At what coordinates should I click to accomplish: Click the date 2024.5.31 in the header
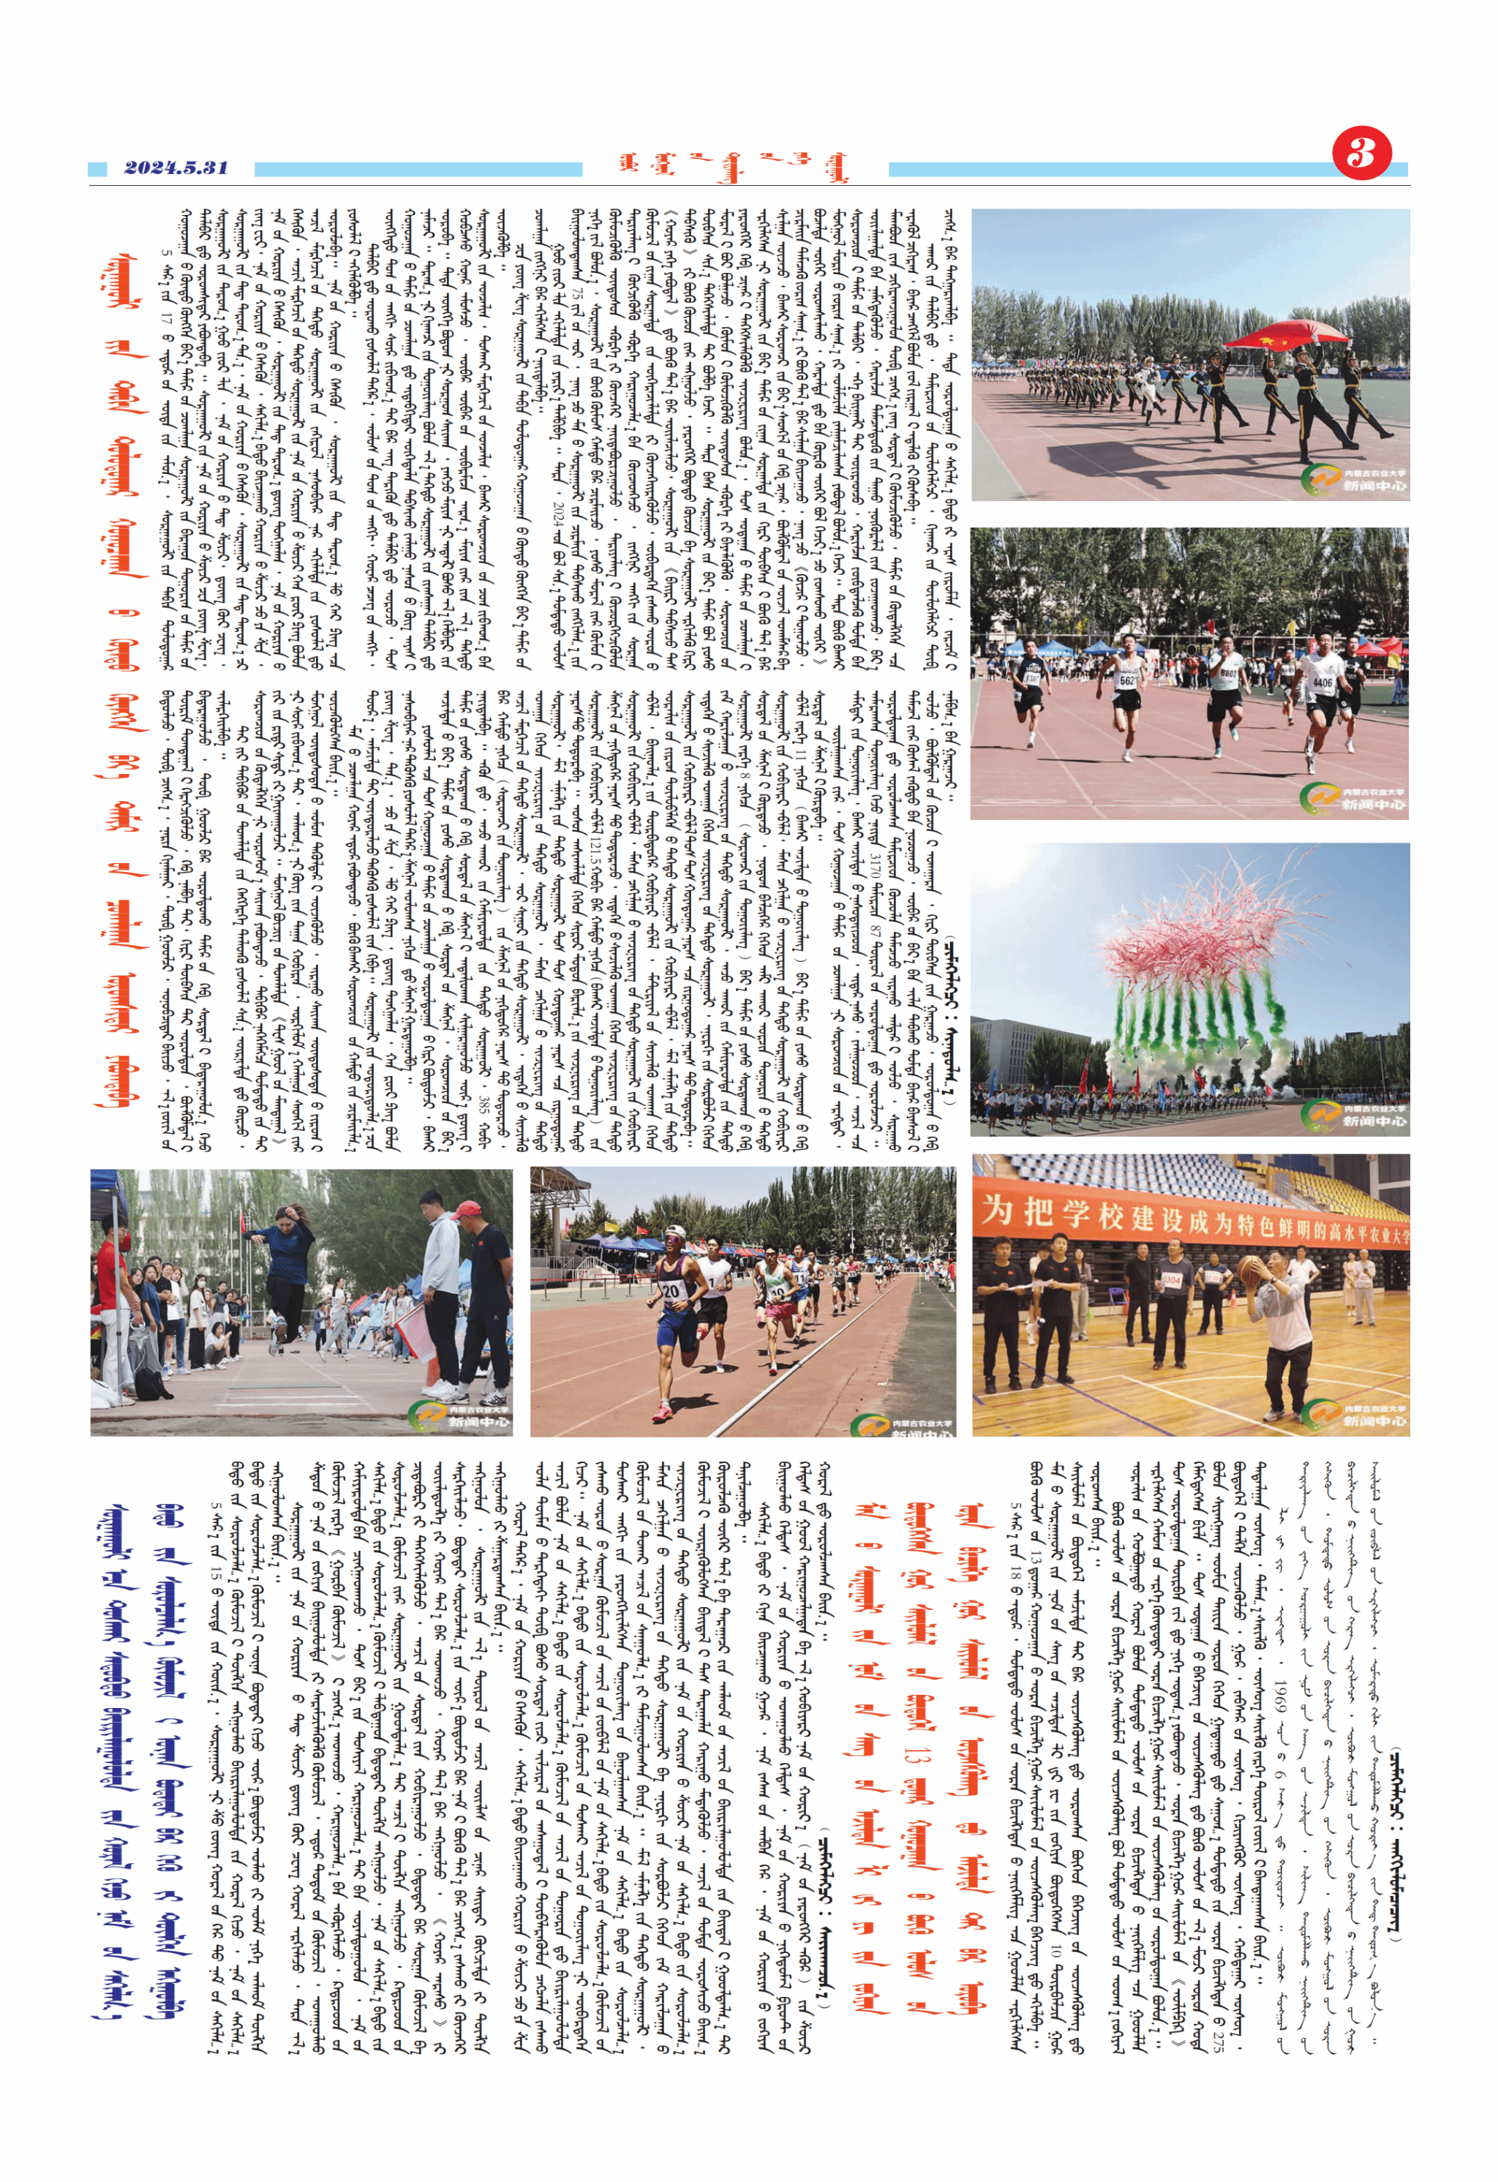[x=176, y=168]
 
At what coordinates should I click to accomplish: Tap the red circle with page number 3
[x=1361, y=153]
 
